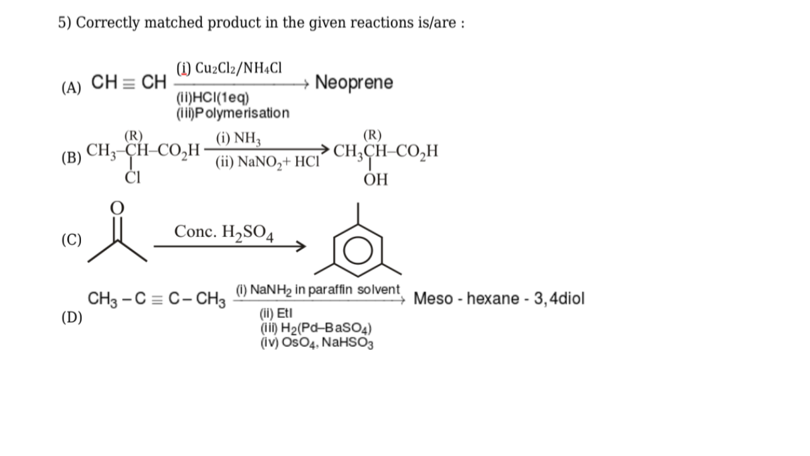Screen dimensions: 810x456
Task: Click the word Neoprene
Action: pyautogui.click(x=354, y=83)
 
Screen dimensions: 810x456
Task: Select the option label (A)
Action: pyautogui.click(x=72, y=87)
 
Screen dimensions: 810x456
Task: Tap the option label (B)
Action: pyautogui.click(x=72, y=158)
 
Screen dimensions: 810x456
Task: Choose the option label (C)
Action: pyautogui.click(x=72, y=239)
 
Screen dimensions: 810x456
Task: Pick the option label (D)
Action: pyautogui.click(x=72, y=317)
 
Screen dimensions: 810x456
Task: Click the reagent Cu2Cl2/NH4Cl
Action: pyautogui.click(x=239, y=68)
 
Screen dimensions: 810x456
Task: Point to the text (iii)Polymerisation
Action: pyautogui.click(x=233, y=113)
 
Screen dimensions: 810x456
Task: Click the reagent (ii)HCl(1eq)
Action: pyautogui.click(x=213, y=98)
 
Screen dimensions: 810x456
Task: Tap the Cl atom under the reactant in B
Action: pyautogui.click(x=133, y=178)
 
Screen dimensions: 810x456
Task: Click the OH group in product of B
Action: pyautogui.click(x=376, y=179)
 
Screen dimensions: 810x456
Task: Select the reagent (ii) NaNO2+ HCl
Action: pyautogui.click(x=268, y=162)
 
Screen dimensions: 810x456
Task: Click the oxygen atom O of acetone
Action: pyautogui.click(x=117, y=208)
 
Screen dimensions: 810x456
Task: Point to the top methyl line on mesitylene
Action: pyautogui.click(x=358, y=213)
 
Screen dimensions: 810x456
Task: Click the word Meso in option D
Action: pyautogui.click(x=433, y=298)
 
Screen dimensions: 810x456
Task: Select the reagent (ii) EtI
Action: pyautogui.click(x=276, y=313)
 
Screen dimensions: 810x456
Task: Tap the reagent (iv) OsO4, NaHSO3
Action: pyautogui.click(x=317, y=343)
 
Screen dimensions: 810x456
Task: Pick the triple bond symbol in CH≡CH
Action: pyautogui.click(x=128, y=84)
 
